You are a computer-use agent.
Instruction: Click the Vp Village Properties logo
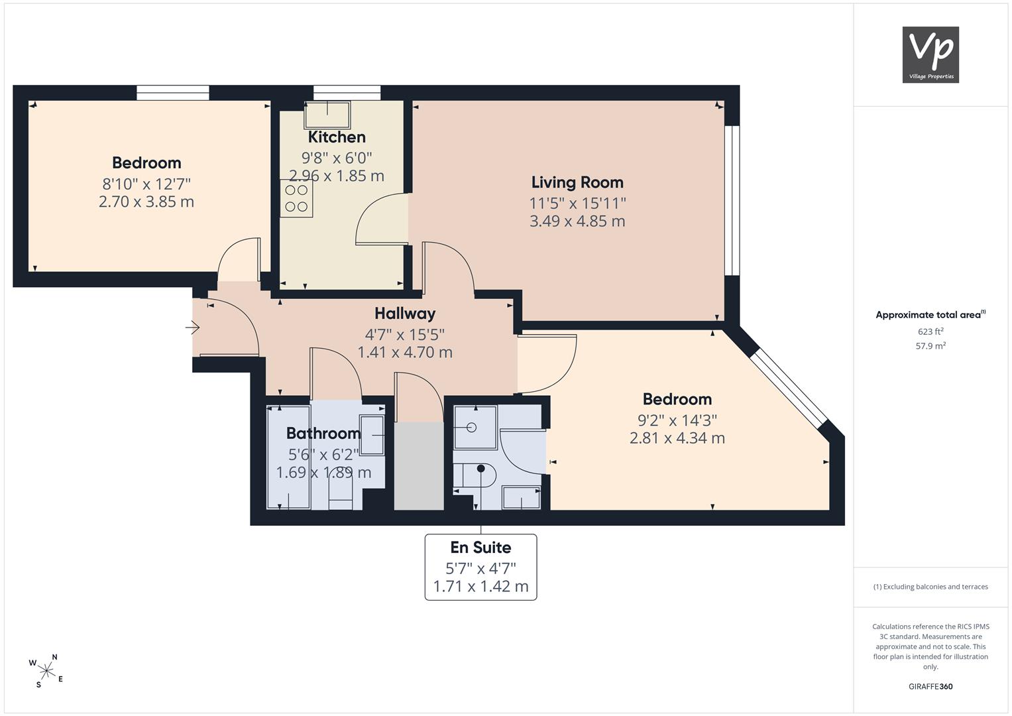(x=930, y=54)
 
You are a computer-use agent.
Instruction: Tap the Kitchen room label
(x=337, y=137)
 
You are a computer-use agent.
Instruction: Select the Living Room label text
(x=577, y=182)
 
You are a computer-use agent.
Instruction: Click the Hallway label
(x=405, y=313)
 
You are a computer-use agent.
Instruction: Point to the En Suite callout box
(x=480, y=567)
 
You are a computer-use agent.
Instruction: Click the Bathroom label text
(x=323, y=433)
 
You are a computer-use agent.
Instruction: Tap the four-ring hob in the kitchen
(x=296, y=198)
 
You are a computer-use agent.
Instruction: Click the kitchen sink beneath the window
(x=327, y=115)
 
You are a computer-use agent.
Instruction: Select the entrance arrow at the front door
(x=192, y=328)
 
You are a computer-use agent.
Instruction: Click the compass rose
(x=46, y=671)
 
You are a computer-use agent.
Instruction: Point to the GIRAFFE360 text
(x=930, y=686)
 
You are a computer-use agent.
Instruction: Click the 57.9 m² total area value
(x=930, y=346)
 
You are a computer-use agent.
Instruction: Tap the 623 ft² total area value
(x=930, y=331)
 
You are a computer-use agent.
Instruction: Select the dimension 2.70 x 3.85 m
(x=146, y=202)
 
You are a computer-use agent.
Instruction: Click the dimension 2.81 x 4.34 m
(x=677, y=438)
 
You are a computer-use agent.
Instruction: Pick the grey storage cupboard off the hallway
(x=419, y=466)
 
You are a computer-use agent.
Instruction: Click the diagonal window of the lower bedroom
(x=789, y=388)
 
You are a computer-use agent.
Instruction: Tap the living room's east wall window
(x=732, y=200)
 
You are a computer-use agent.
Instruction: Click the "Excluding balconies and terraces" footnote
(x=930, y=587)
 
